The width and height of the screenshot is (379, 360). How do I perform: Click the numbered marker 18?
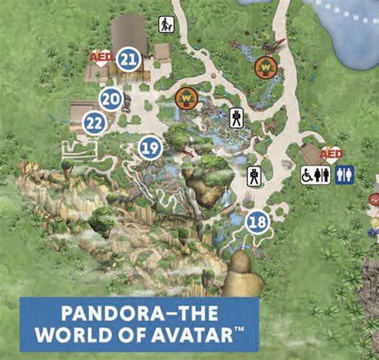point(257,222)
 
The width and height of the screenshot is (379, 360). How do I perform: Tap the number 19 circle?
point(150,147)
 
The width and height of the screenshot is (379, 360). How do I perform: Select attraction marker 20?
point(111,99)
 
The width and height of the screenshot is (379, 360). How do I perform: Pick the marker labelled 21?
point(128,58)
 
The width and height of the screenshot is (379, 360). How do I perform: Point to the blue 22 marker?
point(94,122)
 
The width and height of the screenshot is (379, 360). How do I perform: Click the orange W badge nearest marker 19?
point(186,98)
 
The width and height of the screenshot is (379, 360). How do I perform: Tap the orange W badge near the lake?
point(266,67)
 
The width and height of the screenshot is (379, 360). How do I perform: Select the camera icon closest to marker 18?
point(253,175)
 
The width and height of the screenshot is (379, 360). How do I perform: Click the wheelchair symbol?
point(308,175)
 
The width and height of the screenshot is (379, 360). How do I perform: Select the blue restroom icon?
point(345,175)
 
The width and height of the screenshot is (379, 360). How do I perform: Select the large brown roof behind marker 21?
point(130,33)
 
